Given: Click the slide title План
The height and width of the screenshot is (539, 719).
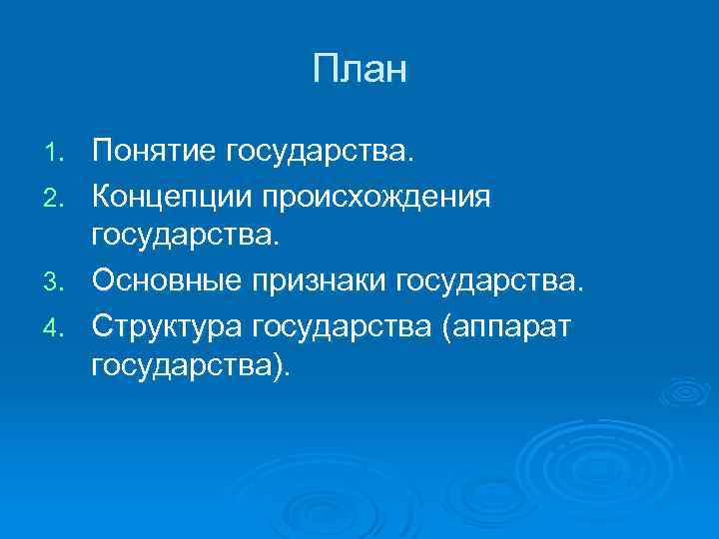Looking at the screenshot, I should coord(359,70).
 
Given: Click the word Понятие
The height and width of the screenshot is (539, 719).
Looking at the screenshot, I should coord(155,153).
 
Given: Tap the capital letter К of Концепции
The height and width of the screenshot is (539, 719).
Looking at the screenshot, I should coord(102,197).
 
